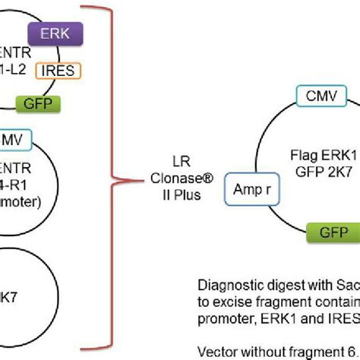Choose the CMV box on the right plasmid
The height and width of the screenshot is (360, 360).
coord(322,96)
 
